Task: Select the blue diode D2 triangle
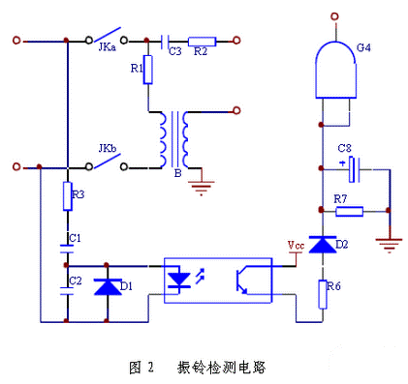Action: tap(322, 245)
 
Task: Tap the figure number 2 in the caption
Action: tap(151, 368)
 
